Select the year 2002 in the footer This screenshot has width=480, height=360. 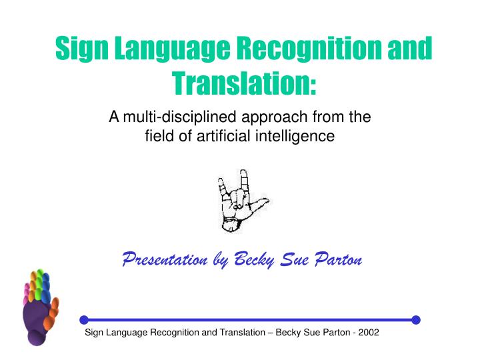coord(368,333)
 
